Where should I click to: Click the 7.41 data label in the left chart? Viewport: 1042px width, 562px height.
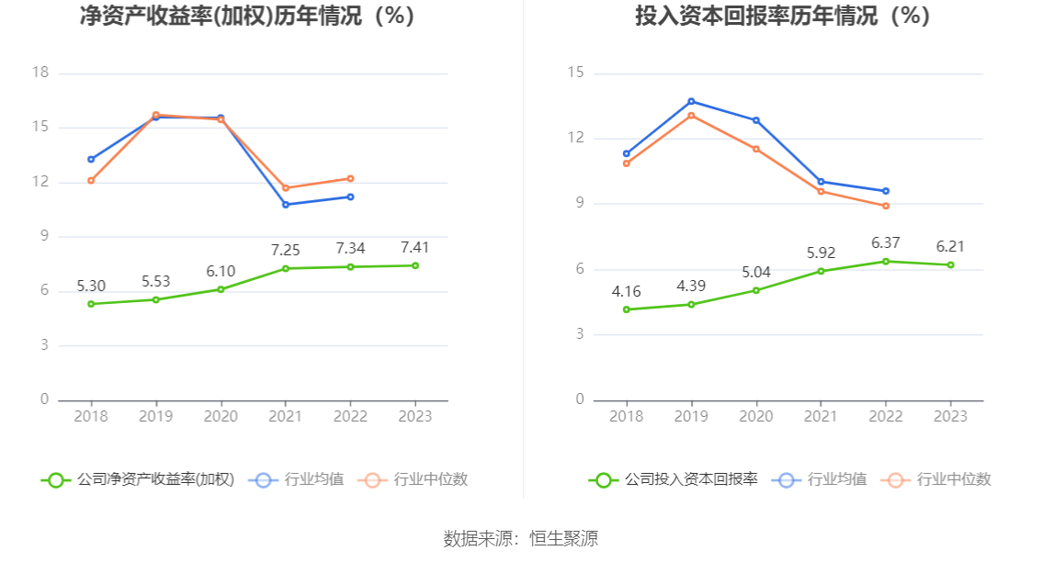pyautogui.click(x=414, y=247)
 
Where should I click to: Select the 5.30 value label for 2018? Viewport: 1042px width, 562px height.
pyautogui.click(x=91, y=286)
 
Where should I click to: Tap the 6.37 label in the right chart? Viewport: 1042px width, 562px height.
pyautogui.click(x=886, y=242)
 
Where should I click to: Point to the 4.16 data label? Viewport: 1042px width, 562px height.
pyautogui.click(x=627, y=291)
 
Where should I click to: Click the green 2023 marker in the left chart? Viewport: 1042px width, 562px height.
pyautogui.click(x=415, y=265)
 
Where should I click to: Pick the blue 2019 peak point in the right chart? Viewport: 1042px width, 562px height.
pyautogui.click(x=691, y=101)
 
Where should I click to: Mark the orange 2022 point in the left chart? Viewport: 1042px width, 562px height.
pyautogui.click(x=351, y=178)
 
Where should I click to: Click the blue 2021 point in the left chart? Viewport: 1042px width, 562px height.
pyautogui.click(x=286, y=204)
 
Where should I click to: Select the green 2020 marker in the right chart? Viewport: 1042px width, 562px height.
pyautogui.click(x=756, y=290)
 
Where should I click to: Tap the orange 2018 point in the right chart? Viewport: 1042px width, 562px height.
pyautogui.click(x=627, y=163)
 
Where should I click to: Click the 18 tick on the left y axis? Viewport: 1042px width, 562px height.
pyautogui.click(x=40, y=73)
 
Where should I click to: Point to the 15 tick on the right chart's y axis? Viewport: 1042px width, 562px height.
pyautogui.click(x=575, y=73)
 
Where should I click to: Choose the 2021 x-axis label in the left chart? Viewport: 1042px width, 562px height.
pyautogui.click(x=286, y=416)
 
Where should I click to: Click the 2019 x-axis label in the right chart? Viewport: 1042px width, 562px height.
pyautogui.click(x=691, y=416)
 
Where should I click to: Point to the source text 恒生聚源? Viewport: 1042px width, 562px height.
pyautogui.click(x=563, y=539)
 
